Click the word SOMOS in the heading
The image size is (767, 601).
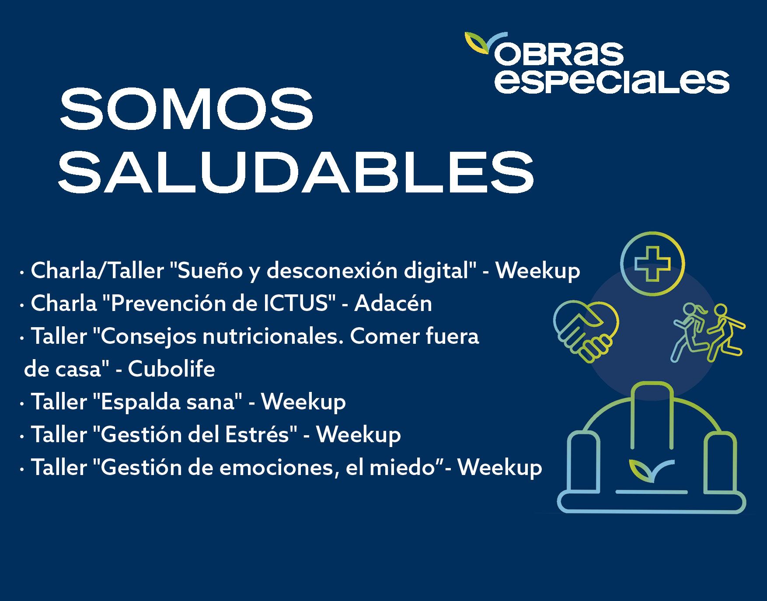[186, 109]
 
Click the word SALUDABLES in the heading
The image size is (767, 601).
[296, 172]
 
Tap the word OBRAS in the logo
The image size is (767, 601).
[558, 54]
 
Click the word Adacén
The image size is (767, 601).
[393, 303]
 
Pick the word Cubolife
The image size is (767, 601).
[171, 369]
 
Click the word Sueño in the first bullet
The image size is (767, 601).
[203, 271]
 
